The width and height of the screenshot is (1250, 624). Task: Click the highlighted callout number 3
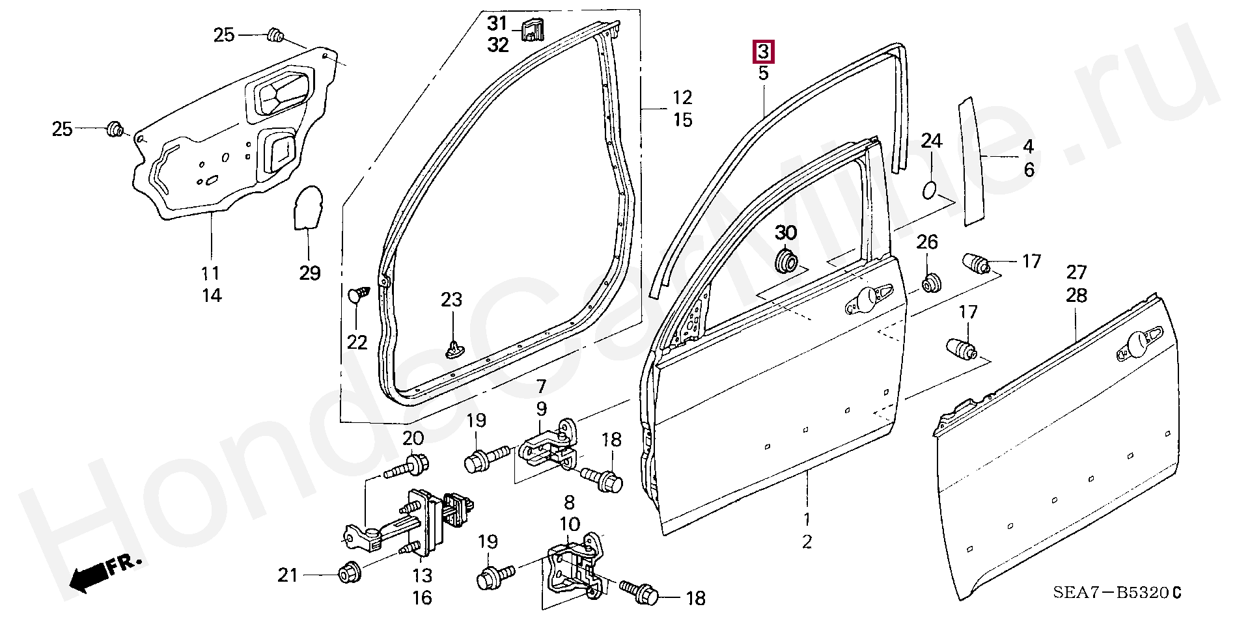763,51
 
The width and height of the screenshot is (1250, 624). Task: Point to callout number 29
310,273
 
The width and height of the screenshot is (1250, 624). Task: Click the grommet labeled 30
786,262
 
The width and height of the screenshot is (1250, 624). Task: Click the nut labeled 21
348,575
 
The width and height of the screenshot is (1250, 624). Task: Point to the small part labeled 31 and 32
533,29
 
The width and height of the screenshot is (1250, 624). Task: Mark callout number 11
210,273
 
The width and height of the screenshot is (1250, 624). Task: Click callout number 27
1076,272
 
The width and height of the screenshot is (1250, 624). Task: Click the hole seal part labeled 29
307,208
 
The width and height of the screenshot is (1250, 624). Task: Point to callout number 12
682,98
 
